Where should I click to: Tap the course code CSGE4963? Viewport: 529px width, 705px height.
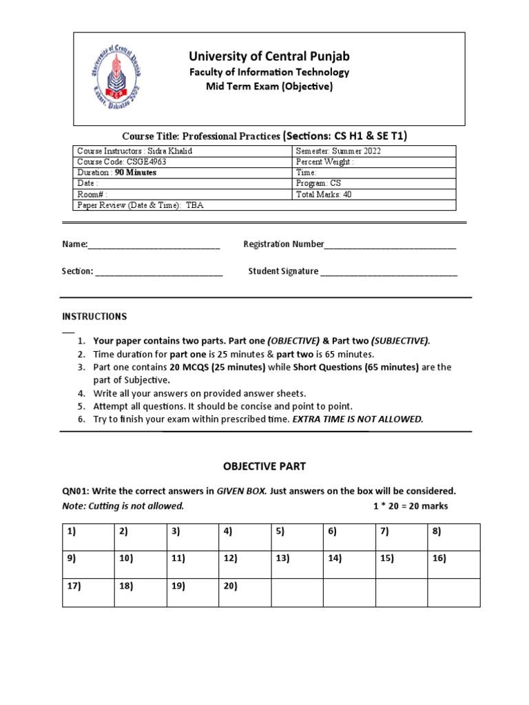tap(142, 162)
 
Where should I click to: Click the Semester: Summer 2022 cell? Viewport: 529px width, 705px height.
tap(338, 151)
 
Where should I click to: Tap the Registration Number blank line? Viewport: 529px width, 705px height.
tap(390, 246)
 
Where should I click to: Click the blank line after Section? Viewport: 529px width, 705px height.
tap(159, 273)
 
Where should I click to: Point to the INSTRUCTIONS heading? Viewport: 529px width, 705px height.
tap(94, 317)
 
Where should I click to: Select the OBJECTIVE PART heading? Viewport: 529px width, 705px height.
tap(264, 466)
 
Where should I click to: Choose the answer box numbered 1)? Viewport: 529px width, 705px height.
tap(88, 537)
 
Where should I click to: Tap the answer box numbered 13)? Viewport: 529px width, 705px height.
tap(297, 565)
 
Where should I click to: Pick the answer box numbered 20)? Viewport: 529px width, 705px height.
tap(245, 592)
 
